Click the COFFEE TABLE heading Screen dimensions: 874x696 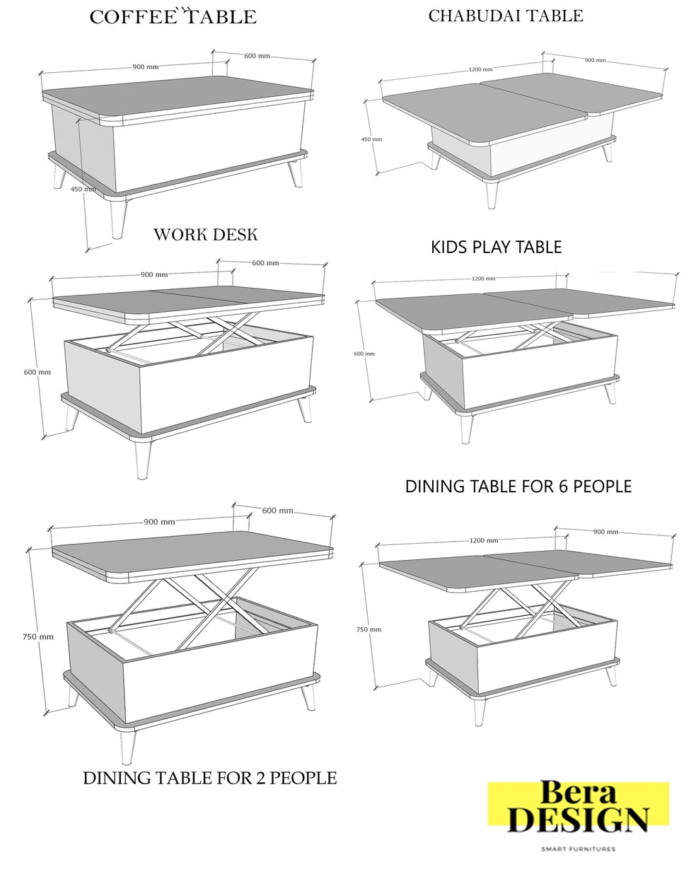[x=173, y=18]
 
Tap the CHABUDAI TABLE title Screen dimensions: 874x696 [x=505, y=16]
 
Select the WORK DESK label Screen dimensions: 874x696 [x=205, y=235]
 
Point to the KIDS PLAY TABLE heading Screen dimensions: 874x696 [x=496, y=247]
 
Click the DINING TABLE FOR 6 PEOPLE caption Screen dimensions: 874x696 [x=518, y=486]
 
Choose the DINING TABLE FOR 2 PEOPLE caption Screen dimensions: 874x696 [x=209, y=778]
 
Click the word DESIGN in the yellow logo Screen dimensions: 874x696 [x=577, y=820]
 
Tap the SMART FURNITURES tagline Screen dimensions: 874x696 [x=578, y=849]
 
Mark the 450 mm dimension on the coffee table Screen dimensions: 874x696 [x=83, y=189]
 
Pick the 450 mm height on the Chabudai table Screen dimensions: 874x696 [x=371, y=139]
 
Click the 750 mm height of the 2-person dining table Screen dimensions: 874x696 [x=38, y=636]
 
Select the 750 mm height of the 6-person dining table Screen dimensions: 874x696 [x=369, y=629]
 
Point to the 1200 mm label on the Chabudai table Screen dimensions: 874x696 [x=480, y=69]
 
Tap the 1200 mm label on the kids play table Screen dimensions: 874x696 [x=483, y=279]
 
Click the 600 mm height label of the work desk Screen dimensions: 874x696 [x=37, y=372]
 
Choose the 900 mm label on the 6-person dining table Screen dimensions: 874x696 [x=605, y=532]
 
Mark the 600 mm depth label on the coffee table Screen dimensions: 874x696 [x=257, y=56]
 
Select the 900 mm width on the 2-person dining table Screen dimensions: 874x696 [x=159, y=522]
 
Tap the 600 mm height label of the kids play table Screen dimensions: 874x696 [x=364, y=354]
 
